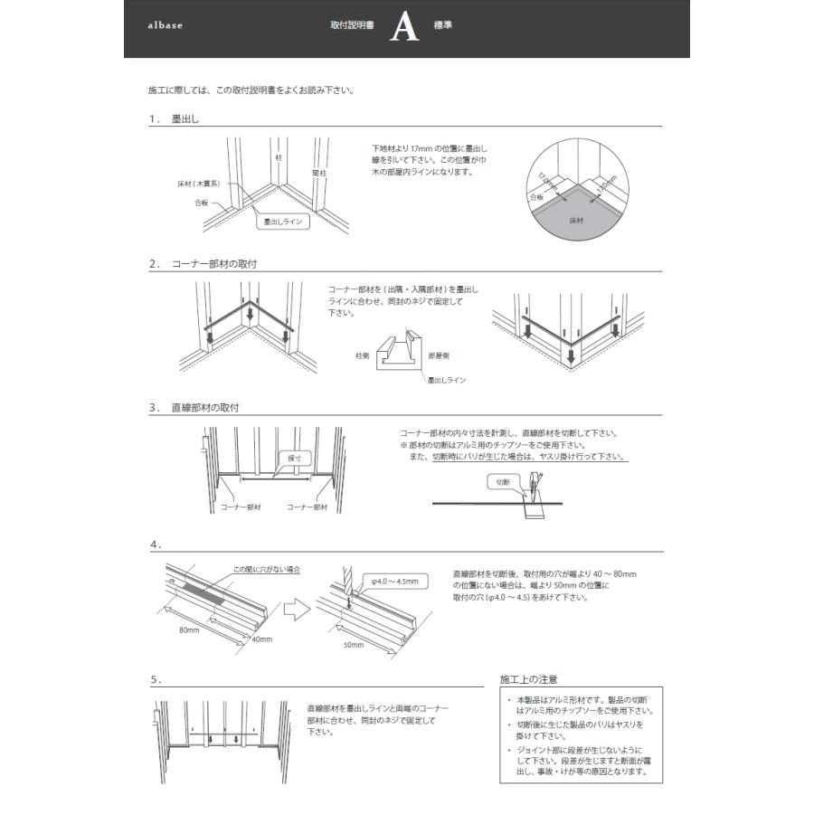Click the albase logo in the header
click(165, 26)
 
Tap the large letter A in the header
click(404, 28)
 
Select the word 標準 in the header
click(443, 25)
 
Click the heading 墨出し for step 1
click(185, 119)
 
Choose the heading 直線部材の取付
click(204, 408)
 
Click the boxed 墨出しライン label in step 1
click(282, 220)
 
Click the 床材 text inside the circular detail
click(575, 219)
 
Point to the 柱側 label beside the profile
click(363, 355)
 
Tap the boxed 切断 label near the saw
click(503, 483)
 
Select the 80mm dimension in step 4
click(189, 629)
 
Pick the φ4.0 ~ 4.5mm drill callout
click(393, 582)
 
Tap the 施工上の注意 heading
click(528, 679)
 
